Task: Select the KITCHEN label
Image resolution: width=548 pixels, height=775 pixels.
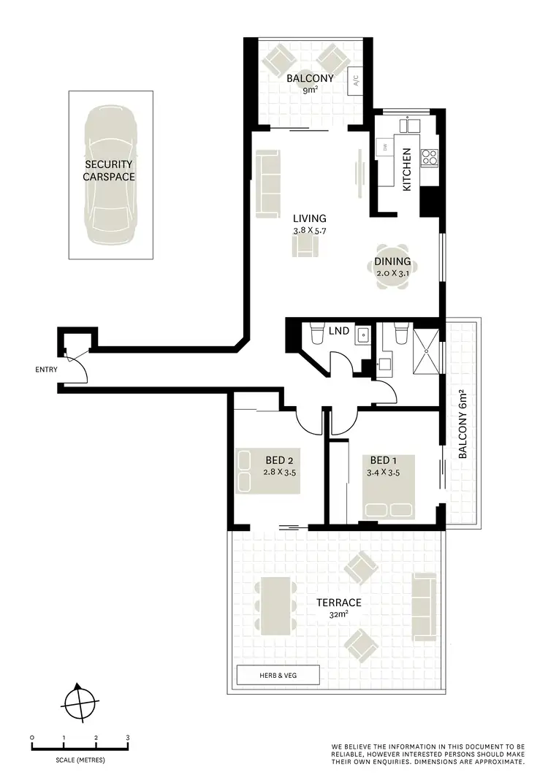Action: (407, 169)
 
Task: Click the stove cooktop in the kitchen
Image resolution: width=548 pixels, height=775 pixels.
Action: (430, 156)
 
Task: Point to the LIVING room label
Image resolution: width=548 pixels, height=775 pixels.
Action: (309, 218)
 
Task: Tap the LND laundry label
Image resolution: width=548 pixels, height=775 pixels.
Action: (339, 331)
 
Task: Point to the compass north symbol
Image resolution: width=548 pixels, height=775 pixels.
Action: (78, 703)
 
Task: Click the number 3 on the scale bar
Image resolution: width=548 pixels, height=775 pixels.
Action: (128, 738)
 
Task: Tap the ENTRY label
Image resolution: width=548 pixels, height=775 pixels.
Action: (46, 370)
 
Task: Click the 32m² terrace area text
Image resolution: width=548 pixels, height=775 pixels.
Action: (338, 615)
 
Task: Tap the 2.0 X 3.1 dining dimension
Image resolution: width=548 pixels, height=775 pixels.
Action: (392, 273)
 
